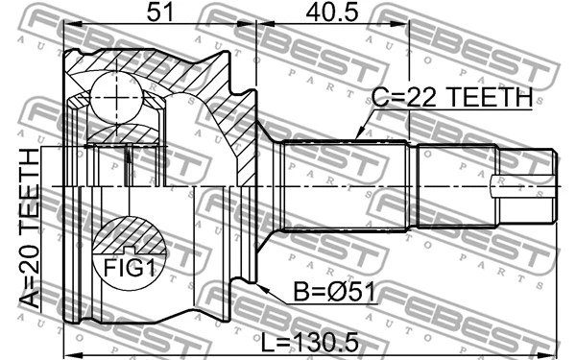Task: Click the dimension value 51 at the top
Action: (x=159, y=13)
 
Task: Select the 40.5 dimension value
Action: (x=331, y=13)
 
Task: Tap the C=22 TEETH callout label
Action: (x=452, y=97)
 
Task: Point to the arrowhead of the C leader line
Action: (x=356, y=137)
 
